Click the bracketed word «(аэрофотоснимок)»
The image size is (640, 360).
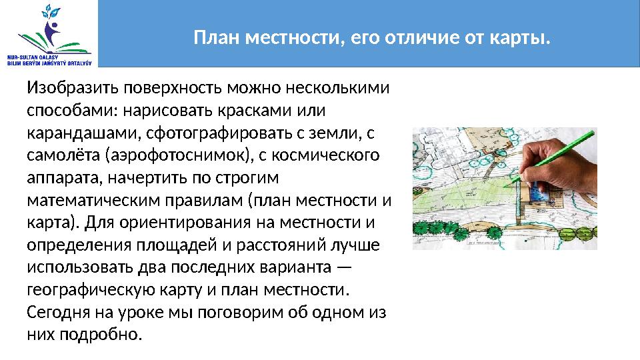(171, 155)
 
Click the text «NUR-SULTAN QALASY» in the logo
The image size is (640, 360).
(30, 58)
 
